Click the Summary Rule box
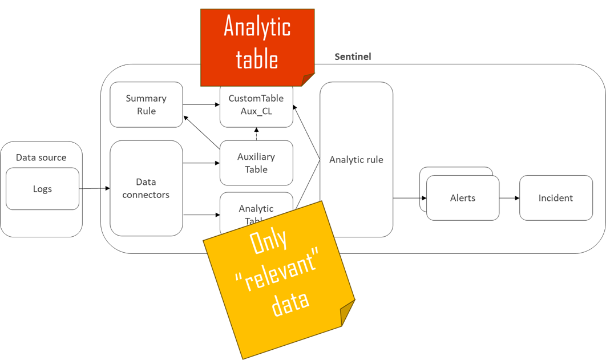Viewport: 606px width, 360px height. (146, 105)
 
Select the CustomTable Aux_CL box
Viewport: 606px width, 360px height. (256, 106)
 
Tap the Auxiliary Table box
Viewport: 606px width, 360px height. (256, 163)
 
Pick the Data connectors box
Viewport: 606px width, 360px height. (146, 188)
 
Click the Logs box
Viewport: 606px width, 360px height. (42, 189)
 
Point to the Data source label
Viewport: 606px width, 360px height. (41, 157)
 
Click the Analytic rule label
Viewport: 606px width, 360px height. (356, 160)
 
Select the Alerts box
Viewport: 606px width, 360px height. (463, 198)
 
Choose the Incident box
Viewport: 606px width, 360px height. (556, 198)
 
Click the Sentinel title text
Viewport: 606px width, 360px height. (353, 56)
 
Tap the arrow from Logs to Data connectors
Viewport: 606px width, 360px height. (94, 188)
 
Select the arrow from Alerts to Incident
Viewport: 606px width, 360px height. (509, 198)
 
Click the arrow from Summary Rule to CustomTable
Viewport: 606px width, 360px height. (201, 104)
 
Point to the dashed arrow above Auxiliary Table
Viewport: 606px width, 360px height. (256, 134)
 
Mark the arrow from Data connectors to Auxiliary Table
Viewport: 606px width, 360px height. (201, 163)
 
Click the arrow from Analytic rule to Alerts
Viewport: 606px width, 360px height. (409, 198)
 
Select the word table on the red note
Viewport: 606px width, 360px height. (257, 59)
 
